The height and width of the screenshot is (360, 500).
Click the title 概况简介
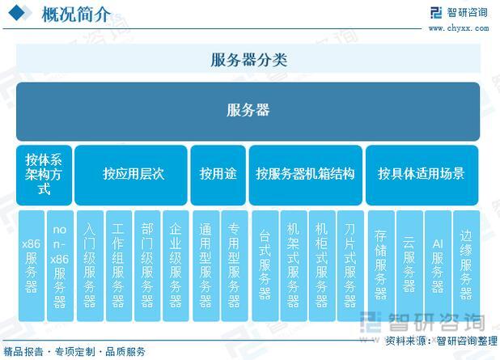click(76, 15)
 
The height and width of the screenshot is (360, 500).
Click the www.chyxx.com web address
click(459, 28)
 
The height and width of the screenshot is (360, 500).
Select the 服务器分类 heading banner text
click(248, 60)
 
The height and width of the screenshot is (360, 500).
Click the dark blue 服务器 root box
click(248, 112)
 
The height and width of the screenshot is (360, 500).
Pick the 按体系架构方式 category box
click(44, 175)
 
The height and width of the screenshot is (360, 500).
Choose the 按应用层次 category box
click(131, 175)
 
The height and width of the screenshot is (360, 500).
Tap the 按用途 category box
click(218, 175)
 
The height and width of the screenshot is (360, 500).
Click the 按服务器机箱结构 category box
click(306, 175)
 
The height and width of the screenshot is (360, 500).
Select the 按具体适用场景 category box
click(422, 175)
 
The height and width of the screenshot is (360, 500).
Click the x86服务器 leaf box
click(32, 265)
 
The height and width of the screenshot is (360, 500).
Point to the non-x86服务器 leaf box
click(60, 265)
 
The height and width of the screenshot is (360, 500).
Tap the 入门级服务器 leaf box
click(90, 265)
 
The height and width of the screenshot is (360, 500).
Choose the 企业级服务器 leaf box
click(176, 265)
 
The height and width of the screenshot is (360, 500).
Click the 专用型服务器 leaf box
click(235, 265)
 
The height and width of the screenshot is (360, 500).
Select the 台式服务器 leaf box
click(265, 265)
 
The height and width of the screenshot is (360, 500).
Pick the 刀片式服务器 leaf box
click(350, 265)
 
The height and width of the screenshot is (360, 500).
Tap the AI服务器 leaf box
click(438, 265)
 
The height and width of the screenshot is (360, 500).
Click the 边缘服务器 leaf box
click(466, 265)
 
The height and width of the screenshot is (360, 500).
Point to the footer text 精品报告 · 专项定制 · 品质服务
click(74, 352)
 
